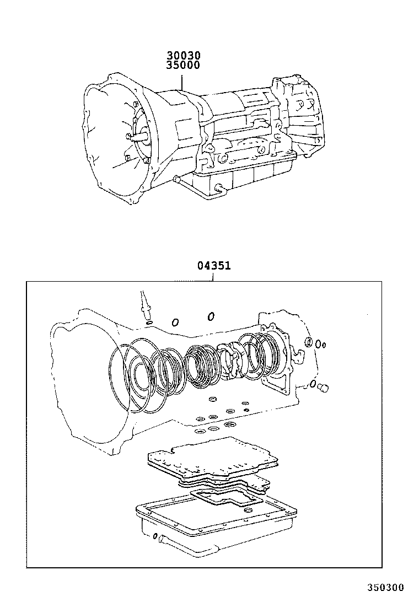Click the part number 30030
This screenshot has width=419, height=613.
184,56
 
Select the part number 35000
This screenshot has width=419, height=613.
184,65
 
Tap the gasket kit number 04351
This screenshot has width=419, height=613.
213,266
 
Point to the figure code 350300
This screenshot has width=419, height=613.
386,588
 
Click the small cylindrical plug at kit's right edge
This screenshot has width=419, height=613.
324,389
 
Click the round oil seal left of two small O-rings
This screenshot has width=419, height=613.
309,343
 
